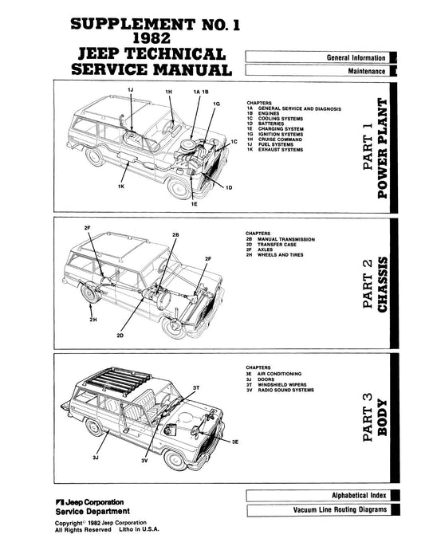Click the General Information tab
coord(356,58)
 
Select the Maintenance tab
coord(367,72)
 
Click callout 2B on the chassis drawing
coord(175,235)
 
